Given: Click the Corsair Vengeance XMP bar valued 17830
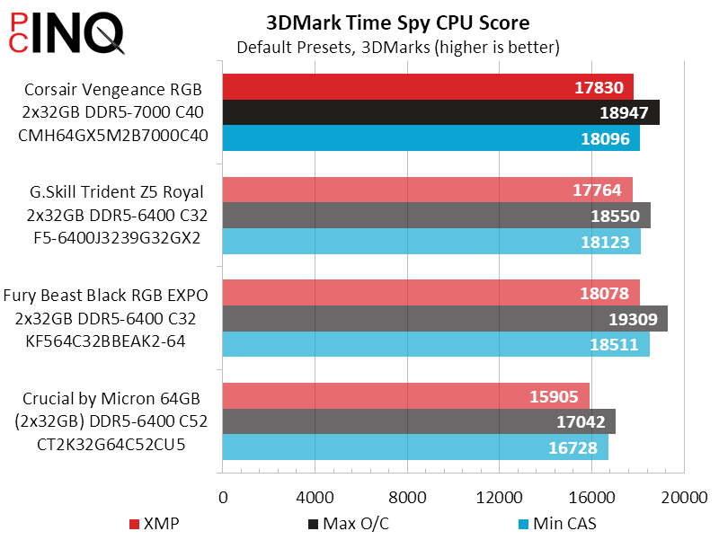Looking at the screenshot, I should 427,87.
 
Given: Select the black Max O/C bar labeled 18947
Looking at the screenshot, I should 440,113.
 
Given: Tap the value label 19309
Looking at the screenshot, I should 633,319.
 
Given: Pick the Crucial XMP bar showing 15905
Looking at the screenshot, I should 404,396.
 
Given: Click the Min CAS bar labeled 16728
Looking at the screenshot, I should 414,447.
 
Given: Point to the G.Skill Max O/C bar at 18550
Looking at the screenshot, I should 436,216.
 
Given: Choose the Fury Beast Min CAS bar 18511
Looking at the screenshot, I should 435,345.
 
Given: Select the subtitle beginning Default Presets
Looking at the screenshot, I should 398,46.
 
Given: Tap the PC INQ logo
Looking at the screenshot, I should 63,31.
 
